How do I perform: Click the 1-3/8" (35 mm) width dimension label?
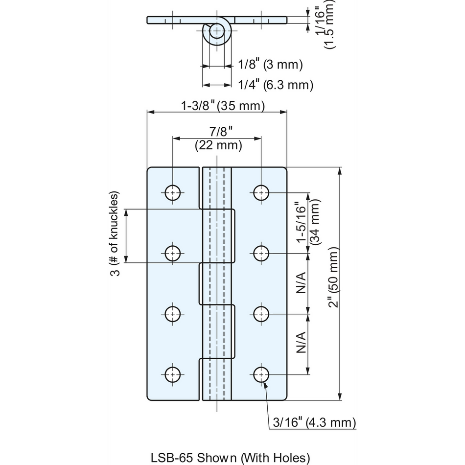[223, 106]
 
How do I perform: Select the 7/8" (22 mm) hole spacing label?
[219, 139]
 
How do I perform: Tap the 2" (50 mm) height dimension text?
[333, 277]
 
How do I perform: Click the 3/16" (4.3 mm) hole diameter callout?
[314, 422]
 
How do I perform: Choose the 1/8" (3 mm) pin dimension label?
[271, 64]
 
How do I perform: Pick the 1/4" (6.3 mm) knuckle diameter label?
[276, 85]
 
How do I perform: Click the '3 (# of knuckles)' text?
[115, 233]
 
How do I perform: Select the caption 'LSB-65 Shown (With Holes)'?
[231, 458]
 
